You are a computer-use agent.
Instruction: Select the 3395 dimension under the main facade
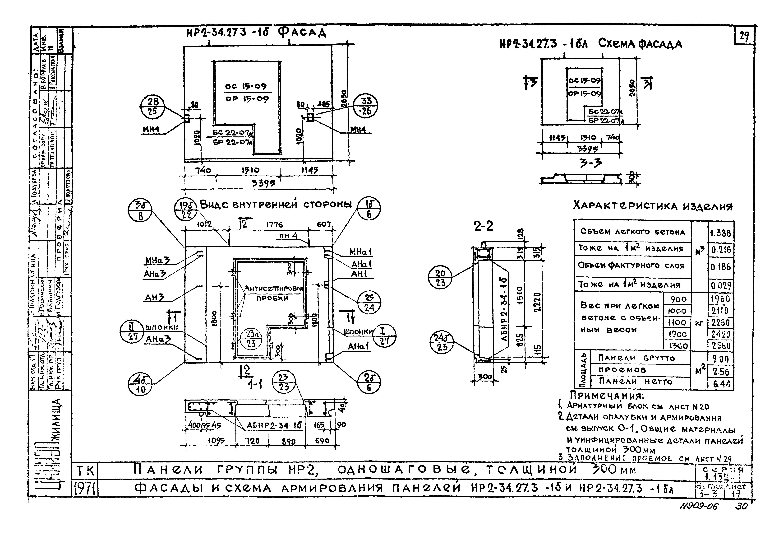tap(263, 183)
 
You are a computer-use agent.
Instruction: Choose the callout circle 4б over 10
tap(140, 385)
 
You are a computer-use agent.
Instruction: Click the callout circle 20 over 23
tap(440, 278)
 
